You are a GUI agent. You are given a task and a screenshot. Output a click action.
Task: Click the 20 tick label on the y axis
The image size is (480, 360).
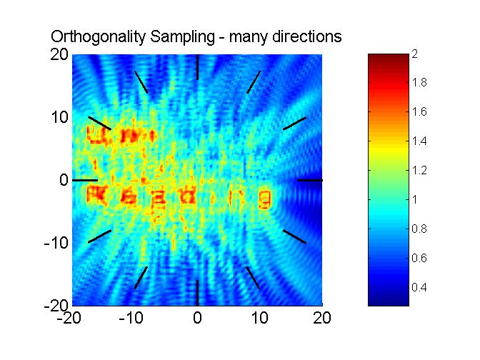59,55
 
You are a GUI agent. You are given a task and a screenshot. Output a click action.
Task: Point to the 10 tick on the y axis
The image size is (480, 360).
59,117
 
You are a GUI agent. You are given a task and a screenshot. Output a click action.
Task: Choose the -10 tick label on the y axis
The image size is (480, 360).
56,243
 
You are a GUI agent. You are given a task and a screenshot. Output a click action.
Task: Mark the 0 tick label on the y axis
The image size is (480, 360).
64,180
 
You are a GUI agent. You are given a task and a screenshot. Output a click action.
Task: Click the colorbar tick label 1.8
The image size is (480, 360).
419,84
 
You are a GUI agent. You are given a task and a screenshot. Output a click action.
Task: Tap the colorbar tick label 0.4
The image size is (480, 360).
419,287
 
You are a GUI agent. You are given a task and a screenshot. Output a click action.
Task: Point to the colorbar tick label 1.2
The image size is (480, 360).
419,171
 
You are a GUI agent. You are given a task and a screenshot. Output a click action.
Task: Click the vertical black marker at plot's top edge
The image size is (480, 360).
197,67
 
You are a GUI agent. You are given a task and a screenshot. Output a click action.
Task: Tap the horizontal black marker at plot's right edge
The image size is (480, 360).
309,180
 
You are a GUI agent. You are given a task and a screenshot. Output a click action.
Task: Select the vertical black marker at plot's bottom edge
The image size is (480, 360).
197,293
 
